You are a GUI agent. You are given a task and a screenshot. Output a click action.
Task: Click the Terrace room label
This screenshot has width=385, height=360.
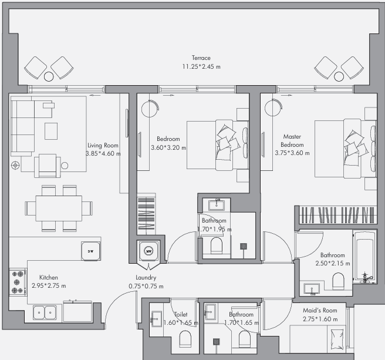(x=201, y=58)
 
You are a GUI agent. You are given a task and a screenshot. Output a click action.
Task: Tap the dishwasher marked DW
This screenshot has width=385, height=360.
(x=90, y=251)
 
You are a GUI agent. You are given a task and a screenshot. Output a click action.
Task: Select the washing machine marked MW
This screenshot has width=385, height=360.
(x=148, y=251)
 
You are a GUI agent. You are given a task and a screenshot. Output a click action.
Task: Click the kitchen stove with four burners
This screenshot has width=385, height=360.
(x=18, y=282)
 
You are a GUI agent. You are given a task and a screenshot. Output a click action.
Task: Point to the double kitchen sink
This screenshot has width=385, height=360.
(x=45, y=312)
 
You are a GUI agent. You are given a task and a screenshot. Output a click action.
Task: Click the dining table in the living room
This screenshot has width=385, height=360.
(x=59, y=208)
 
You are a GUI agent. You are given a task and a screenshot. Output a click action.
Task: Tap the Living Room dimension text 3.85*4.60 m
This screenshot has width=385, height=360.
(x=103, y=154)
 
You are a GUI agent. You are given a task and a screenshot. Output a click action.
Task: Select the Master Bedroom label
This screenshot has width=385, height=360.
(x=292, y=140)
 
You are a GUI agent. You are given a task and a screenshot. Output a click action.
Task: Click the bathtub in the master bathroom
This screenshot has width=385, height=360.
(x=364, y=257)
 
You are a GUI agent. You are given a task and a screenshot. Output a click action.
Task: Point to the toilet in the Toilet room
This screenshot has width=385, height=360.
(x=185, y=339)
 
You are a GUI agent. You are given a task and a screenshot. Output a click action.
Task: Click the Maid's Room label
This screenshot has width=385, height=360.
(x=320, y=310)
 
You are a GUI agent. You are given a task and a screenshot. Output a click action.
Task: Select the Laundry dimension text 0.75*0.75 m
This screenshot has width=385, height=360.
(x=146, y=286)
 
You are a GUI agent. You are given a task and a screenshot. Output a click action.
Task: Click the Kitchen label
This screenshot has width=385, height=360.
(x=49, y=277)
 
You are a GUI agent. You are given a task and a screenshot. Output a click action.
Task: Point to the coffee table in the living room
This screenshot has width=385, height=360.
(x=51, y=131)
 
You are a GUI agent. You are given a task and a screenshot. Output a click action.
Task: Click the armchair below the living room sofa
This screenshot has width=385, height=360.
(x=48, y=166)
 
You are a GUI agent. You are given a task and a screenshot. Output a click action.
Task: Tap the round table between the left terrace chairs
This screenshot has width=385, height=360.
(x=49, y=76)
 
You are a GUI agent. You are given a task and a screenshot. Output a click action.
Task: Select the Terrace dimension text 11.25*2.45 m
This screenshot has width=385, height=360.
(x=201, y=66)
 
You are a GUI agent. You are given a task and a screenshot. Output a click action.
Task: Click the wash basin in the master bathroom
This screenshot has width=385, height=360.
(x=312, y=289)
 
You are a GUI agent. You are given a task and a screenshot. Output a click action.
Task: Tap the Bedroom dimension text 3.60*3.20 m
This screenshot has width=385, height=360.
(x=168, y=147)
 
